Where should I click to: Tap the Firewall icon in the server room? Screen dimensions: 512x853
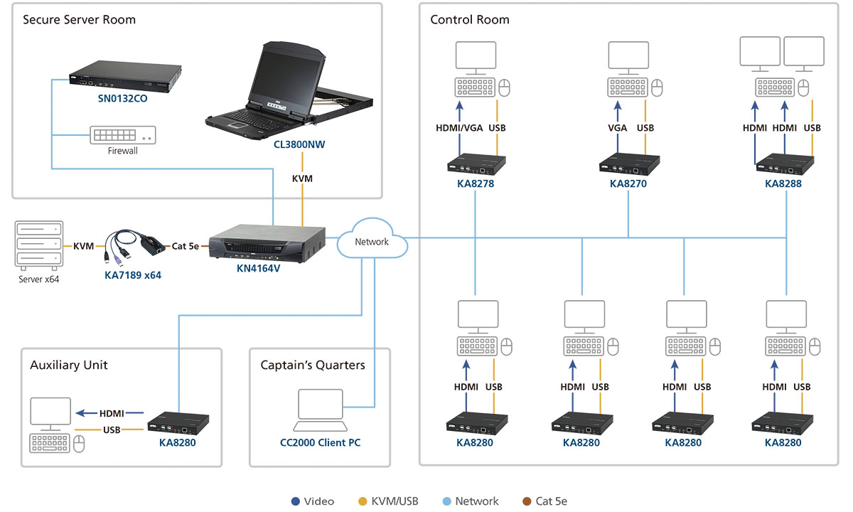[123, 135]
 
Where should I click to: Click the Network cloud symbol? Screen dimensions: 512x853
[372, 242]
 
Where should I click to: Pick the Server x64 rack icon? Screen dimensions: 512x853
[38, 244]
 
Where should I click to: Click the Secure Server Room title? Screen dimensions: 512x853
[79, 19]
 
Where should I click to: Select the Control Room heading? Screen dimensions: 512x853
[470, 19]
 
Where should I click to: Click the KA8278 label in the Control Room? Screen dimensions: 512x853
[476, 183]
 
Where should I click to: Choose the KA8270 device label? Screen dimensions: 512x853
[628, 183]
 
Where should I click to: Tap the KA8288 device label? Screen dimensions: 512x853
[783, 183]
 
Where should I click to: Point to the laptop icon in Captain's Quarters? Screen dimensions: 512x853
[321, 410]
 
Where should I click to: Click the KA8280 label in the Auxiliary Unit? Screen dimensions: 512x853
[177, 442]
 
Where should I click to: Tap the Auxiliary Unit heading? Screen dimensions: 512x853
[69, 365]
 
